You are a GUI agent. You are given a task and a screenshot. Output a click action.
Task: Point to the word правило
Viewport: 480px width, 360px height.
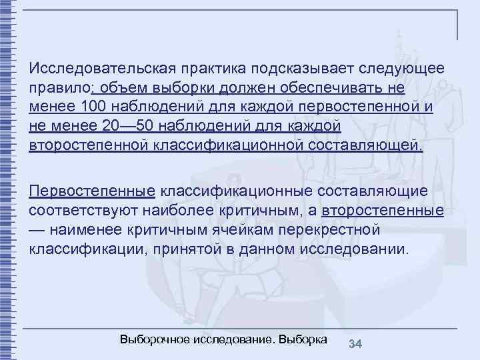click(59, 89)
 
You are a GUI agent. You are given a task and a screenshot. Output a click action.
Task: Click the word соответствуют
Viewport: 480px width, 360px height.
click(83, 211)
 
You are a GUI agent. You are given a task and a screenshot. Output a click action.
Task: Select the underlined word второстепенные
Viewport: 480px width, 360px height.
click(383, 211)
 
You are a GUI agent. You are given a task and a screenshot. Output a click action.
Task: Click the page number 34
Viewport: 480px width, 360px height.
click(355, 344)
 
